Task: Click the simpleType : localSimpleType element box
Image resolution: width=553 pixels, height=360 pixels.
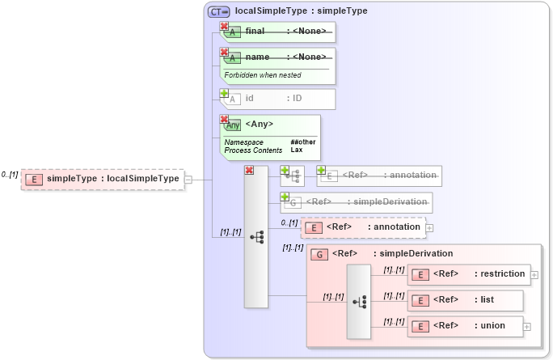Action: (x=103, y=179)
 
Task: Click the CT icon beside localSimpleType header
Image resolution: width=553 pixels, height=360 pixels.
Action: (x=218, y=11)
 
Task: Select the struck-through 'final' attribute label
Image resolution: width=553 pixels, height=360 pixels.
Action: (x=255, y=31)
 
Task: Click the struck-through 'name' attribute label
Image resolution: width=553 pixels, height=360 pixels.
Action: (x=257, y=57)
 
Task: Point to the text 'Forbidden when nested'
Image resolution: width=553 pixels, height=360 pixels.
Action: (x=263, y=75)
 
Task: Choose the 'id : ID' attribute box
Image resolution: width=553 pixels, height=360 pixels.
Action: (x=278, y=99)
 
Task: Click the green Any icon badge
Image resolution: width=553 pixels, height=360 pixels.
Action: (x=233, y=125)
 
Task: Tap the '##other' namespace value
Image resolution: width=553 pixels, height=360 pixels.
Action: (x=303, y=142)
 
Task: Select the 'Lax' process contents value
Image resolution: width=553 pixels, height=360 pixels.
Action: (x=296, y=150)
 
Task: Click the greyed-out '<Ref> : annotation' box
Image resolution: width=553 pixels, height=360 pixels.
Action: (x=378, y=175)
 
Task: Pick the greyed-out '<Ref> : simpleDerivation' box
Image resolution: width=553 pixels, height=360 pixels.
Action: (x=356, y=201)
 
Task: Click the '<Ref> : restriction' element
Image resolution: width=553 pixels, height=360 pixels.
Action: (x=469, y=274)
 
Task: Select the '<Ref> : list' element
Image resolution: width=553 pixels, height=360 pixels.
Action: (x=465, y=300)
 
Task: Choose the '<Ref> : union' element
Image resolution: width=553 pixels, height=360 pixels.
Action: (x=465, y=326)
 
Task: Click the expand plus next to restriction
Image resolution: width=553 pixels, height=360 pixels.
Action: (x=534, y=275)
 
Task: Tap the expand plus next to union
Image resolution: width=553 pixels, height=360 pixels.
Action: (x=527, y=327)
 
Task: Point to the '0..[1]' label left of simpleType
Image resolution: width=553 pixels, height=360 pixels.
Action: (x=10, y=174)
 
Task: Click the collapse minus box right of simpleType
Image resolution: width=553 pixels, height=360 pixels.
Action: (x=188, y=180)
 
